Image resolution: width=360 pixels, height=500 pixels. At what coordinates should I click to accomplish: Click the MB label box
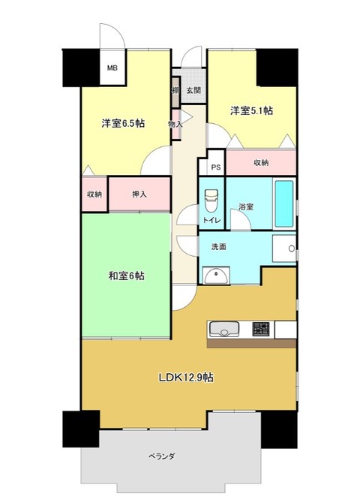pos(112,68)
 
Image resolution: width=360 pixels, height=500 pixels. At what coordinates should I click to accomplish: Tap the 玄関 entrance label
pos(193,90)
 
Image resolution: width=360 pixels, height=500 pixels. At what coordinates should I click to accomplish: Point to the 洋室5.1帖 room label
pos(251,111)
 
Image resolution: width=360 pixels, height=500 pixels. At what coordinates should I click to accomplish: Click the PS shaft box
pos(214,168)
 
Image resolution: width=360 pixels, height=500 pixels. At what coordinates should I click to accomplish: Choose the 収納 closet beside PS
pos(261,162)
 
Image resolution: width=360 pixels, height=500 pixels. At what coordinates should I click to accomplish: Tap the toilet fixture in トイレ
pos(210,201)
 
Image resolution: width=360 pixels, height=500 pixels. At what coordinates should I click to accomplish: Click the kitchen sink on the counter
pos(224,329)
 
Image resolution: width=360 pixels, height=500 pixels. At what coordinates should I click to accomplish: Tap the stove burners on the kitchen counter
pos(261,329)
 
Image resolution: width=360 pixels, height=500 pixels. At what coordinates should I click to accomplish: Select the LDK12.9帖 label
pos(187,377)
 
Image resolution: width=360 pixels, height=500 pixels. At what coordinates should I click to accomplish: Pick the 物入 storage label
pos(176,124)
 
